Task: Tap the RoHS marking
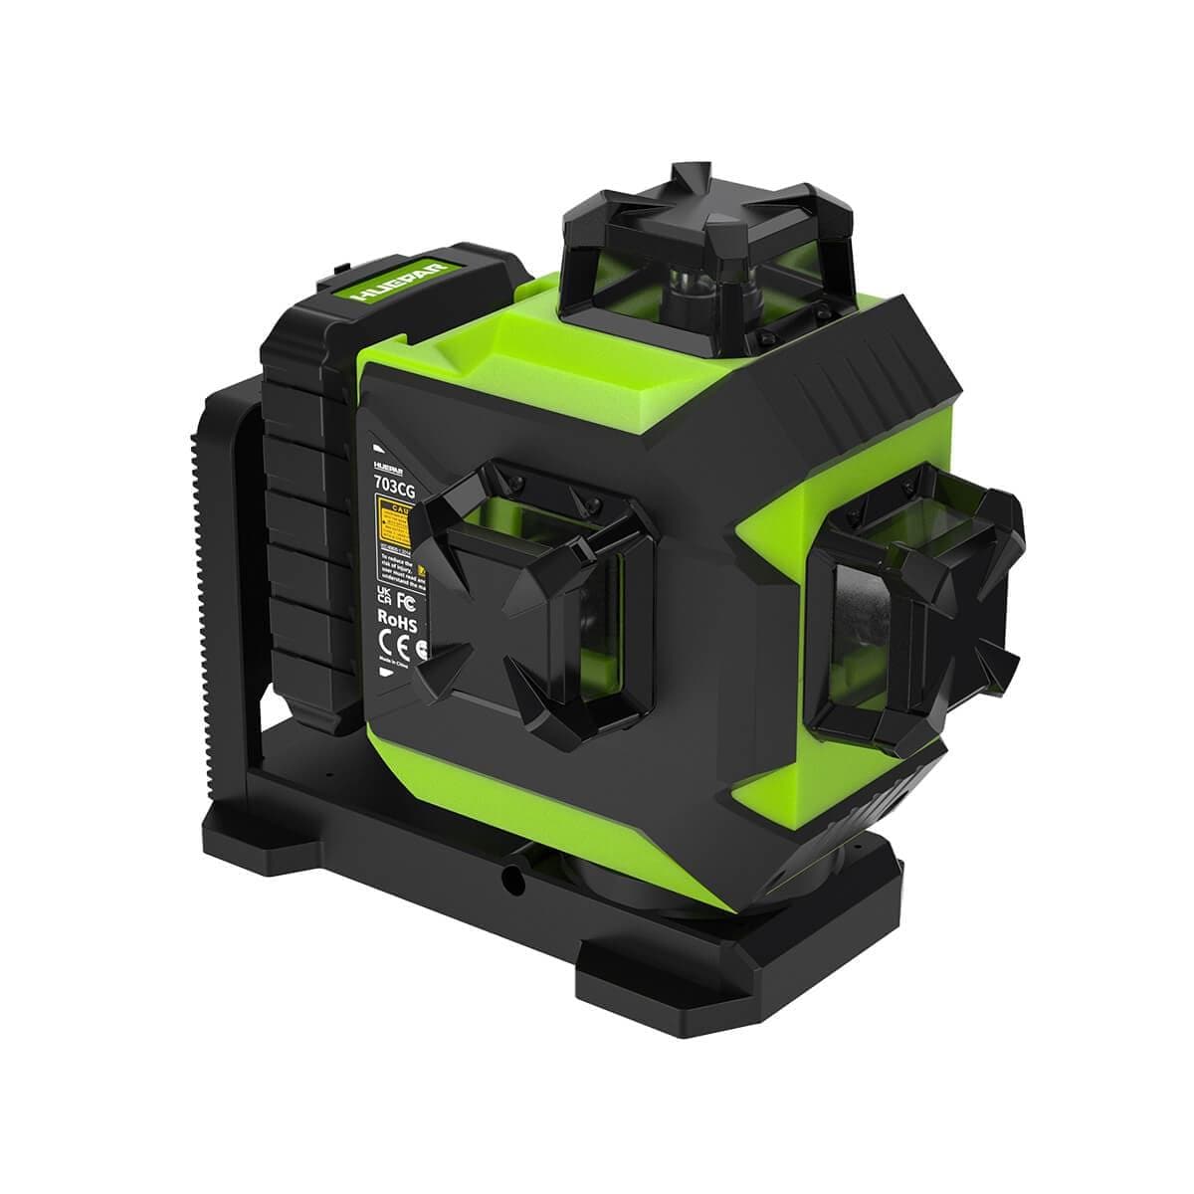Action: (x=395, y=620)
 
